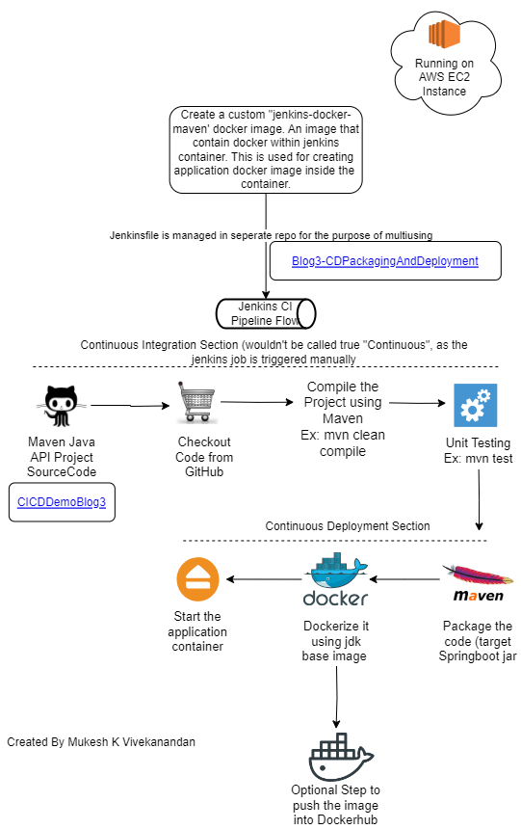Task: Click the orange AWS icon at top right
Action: tap(444, 35)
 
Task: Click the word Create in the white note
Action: tap(197, 115)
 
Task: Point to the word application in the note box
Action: tap(205, 171)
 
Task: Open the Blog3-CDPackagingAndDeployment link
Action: tap(384, 261)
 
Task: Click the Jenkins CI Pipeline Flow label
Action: tap(258, 314)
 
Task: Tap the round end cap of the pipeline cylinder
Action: tap(306, 314)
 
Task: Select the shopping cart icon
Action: tap(196, 402)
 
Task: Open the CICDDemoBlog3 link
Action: tap(62, 502)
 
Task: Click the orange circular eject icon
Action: tap(197, 579)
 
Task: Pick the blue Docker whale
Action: tap(335, 573)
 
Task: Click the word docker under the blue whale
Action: tap(335, 599)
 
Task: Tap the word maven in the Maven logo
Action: tap(479, 597)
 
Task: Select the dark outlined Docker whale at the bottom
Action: tap(340, 758)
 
